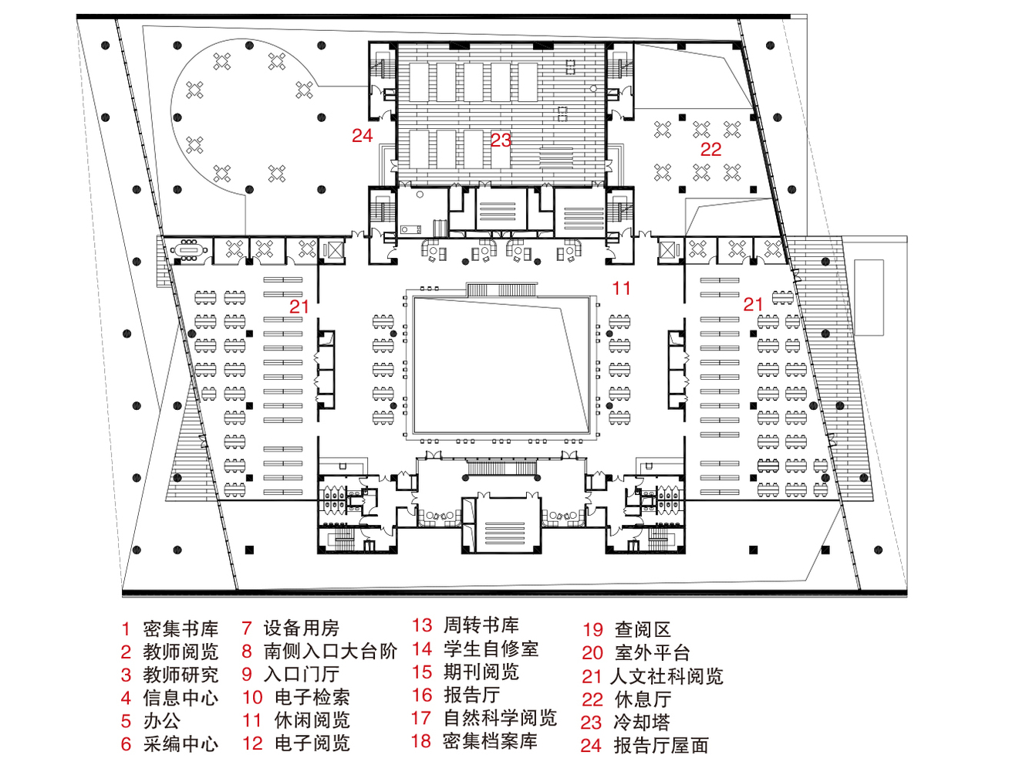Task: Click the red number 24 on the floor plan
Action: coord(362,136)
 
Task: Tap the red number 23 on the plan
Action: coord(501,141)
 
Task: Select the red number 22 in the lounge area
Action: coord(710,150)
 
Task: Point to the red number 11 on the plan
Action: coord(621,289)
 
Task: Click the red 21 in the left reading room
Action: coord(299,306)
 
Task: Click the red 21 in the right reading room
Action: coord(753,305)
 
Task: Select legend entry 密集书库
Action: coord(181,629)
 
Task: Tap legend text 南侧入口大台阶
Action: coord(330,652)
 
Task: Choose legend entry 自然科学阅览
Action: coord(500,718)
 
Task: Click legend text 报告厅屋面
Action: coord(661,746)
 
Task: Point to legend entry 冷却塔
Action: coord(642,723)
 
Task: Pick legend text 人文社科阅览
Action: coord(667,677)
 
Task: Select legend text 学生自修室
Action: coord(491,649)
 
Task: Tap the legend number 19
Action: coord(592,630)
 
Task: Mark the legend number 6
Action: coord(127,744)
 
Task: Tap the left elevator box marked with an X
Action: coord(332,250)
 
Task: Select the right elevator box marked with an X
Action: coord(667,249)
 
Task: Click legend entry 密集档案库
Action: coord(491,741)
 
